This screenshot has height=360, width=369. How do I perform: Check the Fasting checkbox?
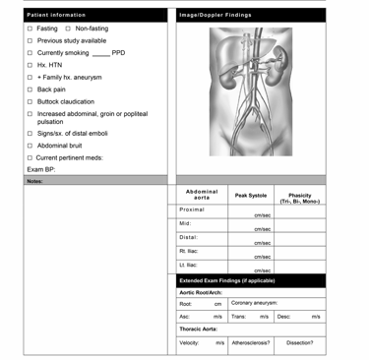click(x=30, y=29)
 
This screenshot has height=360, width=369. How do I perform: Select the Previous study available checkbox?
click(x=30, y=40)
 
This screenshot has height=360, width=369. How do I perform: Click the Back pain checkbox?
click(x=30, y=89)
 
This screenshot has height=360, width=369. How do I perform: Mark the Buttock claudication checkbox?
click(x=30, y=101)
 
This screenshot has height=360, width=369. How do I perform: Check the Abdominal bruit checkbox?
click(x=30, y=146)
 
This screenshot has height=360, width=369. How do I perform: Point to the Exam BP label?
click(x=42, y=169)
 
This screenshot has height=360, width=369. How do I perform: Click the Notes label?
click(x=34, y=182)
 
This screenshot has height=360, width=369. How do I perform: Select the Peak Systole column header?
click(x=251, y=196)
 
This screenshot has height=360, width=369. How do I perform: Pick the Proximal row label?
click(x=192, y=210)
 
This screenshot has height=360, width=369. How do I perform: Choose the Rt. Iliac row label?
click(x=190, y=251)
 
